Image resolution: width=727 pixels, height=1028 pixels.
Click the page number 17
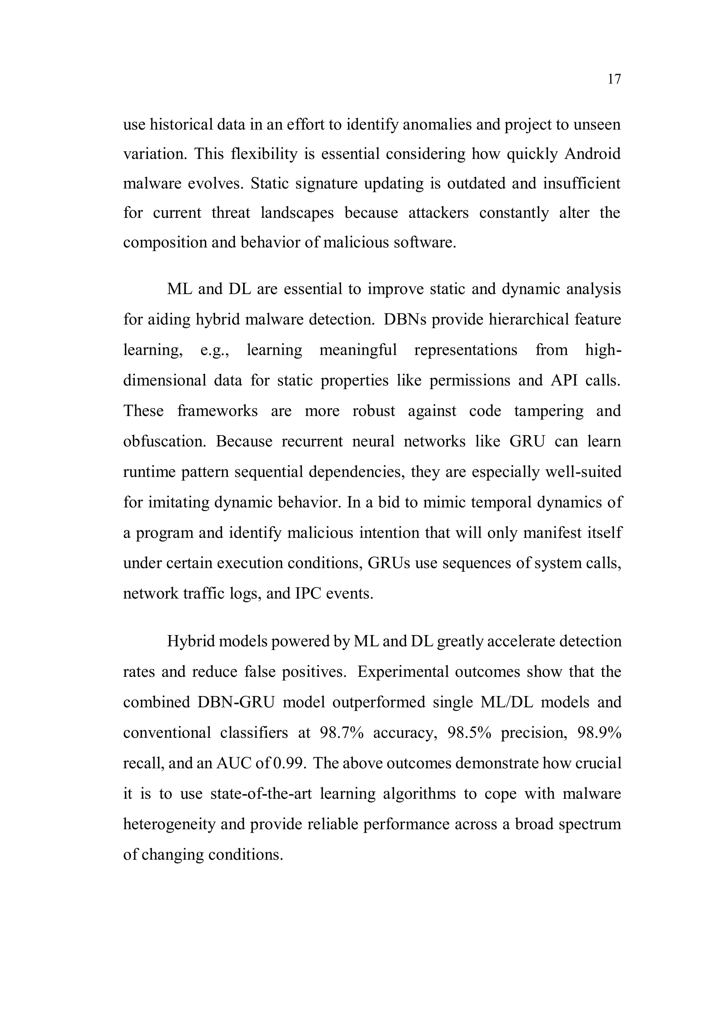pos(614,79)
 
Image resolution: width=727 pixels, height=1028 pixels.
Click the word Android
pos(592,154)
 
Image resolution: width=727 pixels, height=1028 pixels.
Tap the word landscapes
pos(297,212)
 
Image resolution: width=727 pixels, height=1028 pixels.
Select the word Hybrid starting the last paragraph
pos(192,641)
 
